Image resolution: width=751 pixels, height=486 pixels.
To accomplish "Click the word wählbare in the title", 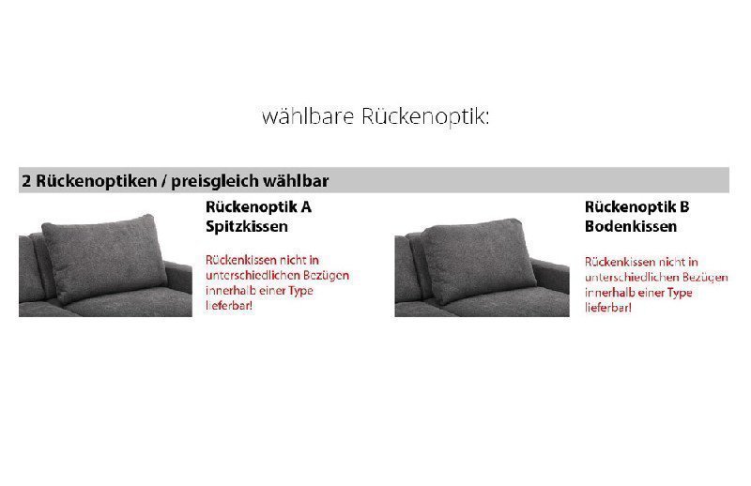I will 308,117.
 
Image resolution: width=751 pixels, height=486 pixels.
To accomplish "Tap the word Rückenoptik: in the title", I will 424,117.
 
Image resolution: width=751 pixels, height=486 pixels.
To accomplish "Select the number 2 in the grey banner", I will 27,180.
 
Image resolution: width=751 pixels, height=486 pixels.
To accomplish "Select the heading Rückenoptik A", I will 257,206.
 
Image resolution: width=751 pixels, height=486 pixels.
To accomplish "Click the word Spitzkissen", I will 246,226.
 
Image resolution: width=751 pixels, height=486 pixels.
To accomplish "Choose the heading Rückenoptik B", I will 636,206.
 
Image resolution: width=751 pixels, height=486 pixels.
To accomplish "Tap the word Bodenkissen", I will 631,226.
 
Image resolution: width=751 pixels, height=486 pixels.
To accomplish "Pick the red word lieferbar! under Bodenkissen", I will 608,308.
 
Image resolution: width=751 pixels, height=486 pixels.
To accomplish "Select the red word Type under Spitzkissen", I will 299,291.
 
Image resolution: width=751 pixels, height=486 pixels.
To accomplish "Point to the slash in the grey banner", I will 162,180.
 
